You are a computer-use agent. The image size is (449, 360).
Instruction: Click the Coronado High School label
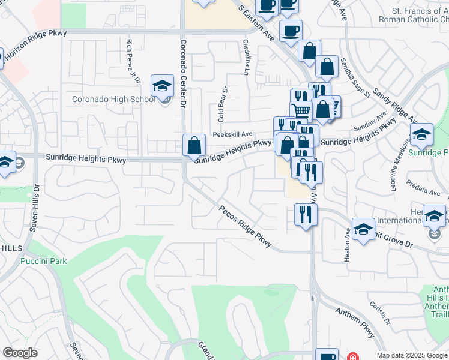point(113,99)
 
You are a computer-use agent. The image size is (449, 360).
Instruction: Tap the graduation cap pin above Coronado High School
point(162,88)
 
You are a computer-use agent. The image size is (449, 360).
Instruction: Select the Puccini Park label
point(43,261)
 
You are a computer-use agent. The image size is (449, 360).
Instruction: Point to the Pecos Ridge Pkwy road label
point(246,227)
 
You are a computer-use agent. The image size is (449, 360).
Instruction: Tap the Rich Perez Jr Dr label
point(130,58)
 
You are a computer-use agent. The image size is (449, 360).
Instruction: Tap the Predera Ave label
point(424,192)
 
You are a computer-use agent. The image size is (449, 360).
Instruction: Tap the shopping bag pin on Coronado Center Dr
point(194,146)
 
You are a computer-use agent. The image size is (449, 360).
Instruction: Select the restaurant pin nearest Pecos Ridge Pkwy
point(306,215)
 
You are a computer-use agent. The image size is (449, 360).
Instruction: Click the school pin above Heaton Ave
point(363,230)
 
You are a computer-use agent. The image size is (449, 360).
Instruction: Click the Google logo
point(20,353)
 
